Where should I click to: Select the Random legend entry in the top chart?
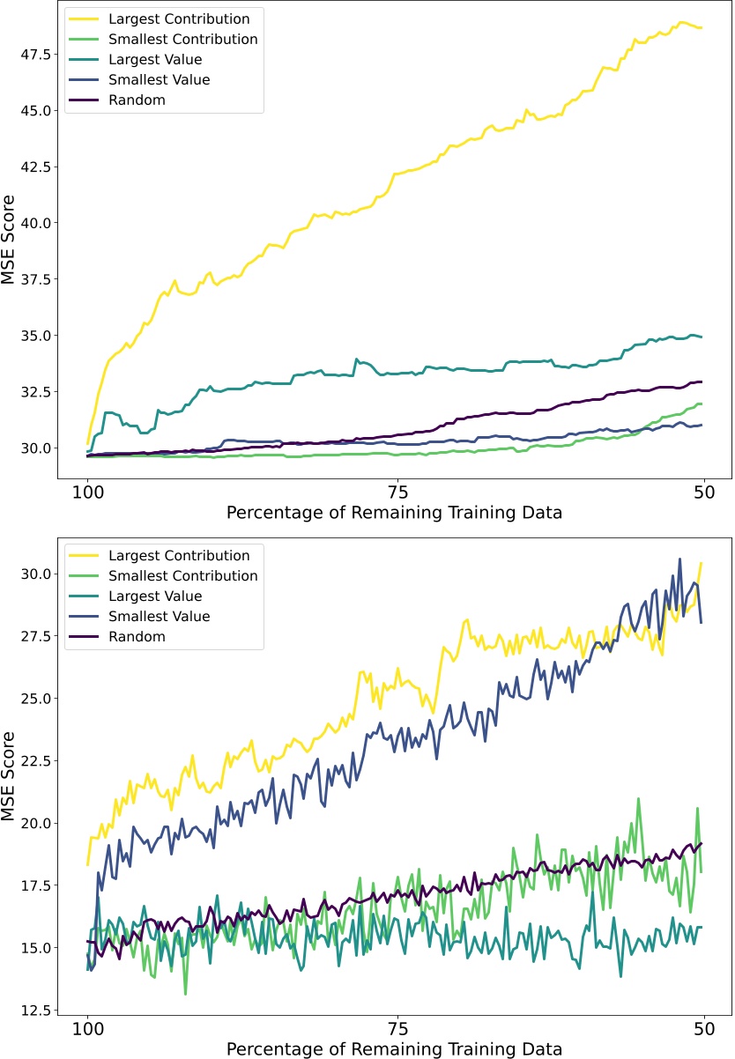(137, 100)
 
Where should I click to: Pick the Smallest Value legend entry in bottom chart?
(159, 617)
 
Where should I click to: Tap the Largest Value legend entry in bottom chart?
(155, 596)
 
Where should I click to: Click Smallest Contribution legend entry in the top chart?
(183, 39)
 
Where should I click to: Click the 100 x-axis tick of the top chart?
(88, 492)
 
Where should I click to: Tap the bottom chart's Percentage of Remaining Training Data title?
(393, 1048)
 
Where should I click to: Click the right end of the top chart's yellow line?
(702, 28)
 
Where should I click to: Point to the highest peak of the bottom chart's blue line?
(679, 559)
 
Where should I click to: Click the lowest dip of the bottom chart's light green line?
(185, 995)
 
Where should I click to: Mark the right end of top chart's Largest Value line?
(702, 337)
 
